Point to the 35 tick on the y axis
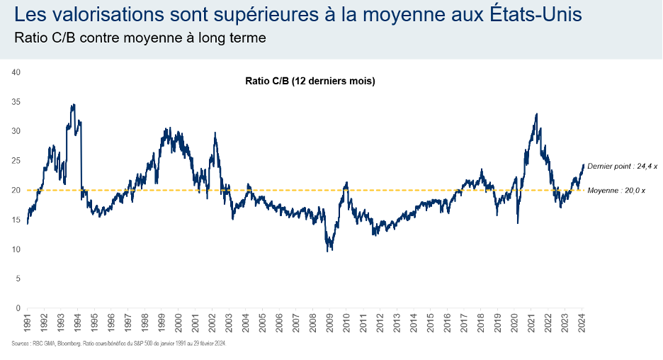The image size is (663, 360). tap(16, 102)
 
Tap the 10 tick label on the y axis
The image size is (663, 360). tap(16, 249)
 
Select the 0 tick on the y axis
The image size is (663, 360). tap(18, 308)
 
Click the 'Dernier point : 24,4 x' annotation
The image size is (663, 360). tap(623, 165)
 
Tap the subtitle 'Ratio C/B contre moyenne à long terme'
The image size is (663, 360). tap(140, 38)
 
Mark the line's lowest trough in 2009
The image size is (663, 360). tap(328, 251)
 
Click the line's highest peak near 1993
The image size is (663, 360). tap(74, 105)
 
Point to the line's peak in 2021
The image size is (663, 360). tap(536, 114)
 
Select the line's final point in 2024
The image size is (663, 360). tap(584, 165)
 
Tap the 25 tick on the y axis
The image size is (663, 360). tap(16, 161)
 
